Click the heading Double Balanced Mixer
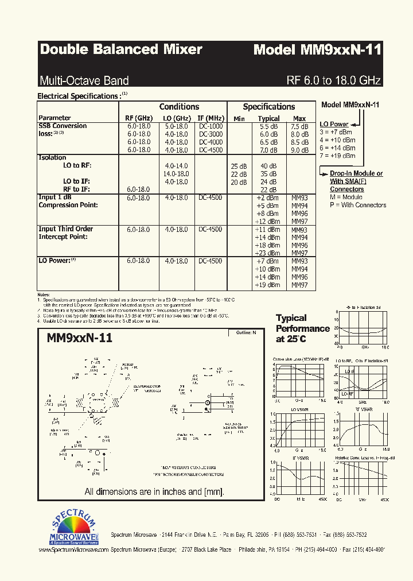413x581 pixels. (x=121, y=50)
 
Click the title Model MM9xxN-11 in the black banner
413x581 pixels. (x=317, y=50)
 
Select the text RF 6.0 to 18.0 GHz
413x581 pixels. (x=333, y=80)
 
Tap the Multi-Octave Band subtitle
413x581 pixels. (x=84, y=80)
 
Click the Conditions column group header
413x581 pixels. (x=179, y=107)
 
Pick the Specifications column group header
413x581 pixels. (x=268, y=107)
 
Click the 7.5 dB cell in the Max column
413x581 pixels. (x=299, y=126)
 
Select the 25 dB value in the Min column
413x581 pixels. (x=239, y=166)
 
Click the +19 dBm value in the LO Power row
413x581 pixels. (x=267, y=285)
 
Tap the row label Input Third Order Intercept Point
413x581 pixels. (x=65, y=233)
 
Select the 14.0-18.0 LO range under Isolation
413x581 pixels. (x=176, y=173)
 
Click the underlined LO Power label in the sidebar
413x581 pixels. (x=334, y=124)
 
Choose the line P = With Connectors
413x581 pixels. (x=352, y=205)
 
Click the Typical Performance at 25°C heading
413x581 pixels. (x=302, y=328)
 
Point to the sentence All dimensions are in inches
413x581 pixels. (x=154, y=491)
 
